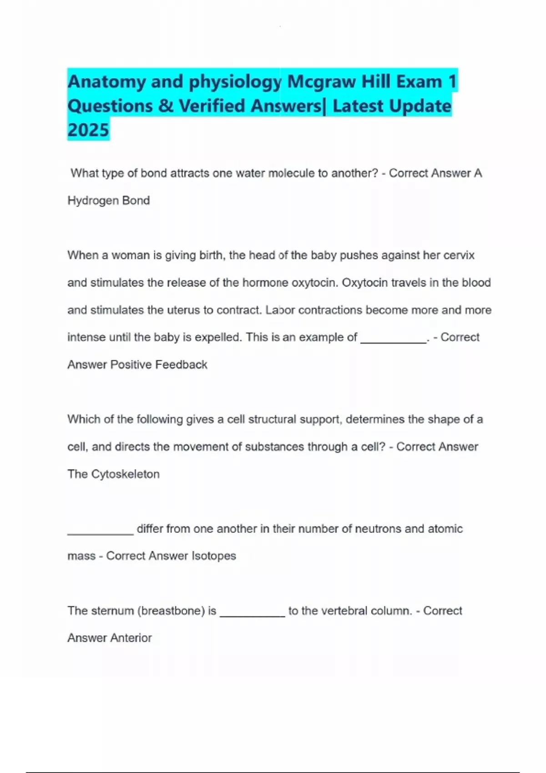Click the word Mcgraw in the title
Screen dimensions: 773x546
321,82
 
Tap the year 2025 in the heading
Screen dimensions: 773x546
88,130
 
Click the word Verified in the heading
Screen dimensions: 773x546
212,106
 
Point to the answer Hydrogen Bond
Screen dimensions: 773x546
108,201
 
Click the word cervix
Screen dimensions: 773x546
459,255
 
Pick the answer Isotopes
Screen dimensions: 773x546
214,556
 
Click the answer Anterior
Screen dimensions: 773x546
131,638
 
